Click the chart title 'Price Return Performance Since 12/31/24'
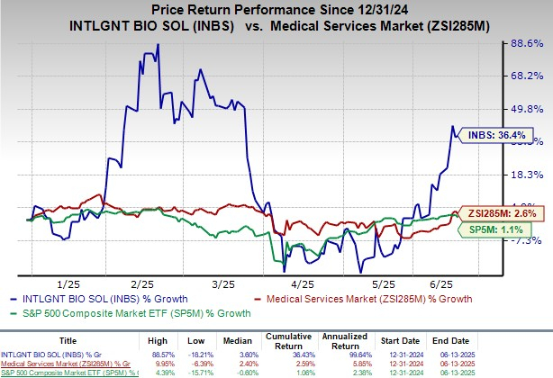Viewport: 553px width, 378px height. [x=276, y=10]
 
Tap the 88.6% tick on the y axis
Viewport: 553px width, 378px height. [x=526, y=42]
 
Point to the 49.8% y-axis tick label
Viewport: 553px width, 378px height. [x=526, y=108]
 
